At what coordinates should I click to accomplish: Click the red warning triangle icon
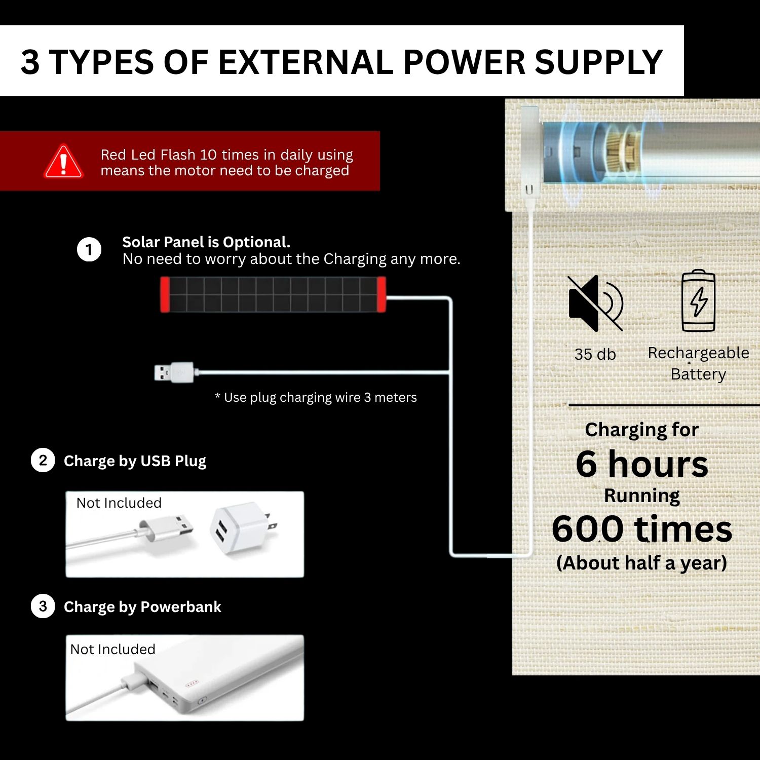(x=63, y=162)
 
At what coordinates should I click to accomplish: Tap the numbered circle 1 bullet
(x=89, y=250)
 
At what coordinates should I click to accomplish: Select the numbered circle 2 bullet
(x=43, y=461)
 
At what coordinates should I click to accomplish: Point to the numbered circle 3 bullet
(x=43, y=606)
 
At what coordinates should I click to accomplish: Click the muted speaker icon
(x=595, y=303)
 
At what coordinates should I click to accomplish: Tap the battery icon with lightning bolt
(x=699, y=300)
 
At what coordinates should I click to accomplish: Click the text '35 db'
(x=595, y=354)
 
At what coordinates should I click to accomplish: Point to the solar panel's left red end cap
(x=165, y=294)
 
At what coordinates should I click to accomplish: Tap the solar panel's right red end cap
(x=382, y=294)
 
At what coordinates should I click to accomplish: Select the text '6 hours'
(x=642, y=464)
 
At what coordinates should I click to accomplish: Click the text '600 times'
(x=642, y=529)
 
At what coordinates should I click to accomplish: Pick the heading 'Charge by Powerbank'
(x=142, y=607)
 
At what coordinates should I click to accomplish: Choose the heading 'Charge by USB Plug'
(x=135, y=461)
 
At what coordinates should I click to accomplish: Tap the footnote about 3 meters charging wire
(x=316, y=398)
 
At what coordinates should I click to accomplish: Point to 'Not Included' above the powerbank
(x=112, y=649)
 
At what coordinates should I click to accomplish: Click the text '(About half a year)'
(x=642, y=563)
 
